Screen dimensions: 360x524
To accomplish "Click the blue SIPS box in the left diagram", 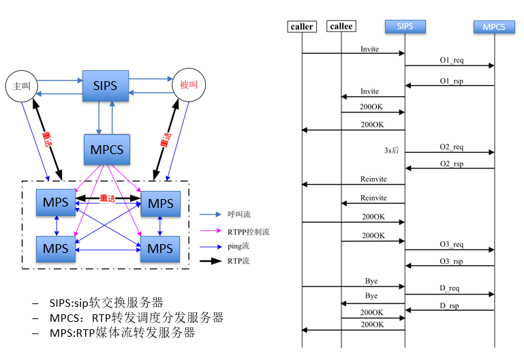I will coord(105,85).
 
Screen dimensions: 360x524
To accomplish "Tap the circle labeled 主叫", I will coord(21,86).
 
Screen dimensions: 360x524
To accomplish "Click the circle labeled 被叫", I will coord(188,85).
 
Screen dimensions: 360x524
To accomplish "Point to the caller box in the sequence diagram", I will coord(302,27).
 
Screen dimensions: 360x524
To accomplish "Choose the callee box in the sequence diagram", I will coord(341,27).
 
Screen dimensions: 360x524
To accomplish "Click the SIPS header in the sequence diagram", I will coord(405,27).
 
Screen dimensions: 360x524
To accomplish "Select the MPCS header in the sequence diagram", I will coord(494,27).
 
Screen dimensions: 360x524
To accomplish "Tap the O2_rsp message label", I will coord(451,164).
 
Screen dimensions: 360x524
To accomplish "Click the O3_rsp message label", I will coord(451,261).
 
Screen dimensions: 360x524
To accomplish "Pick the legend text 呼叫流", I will coord(240,213).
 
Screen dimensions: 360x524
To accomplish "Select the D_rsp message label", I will coord(448,306).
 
